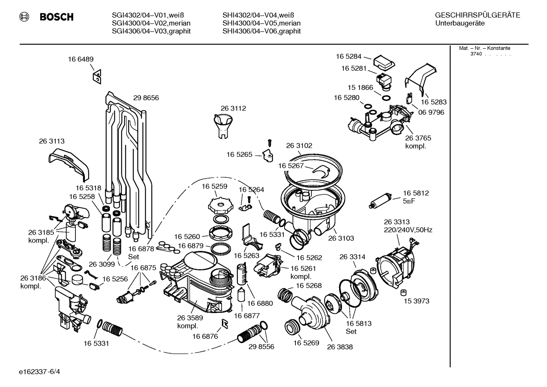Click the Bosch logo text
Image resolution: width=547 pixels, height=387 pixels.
(x=56, y=17)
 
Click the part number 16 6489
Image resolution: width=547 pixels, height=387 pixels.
(x=81, y=59)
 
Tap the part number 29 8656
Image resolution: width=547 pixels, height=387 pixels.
(x=146, y=98)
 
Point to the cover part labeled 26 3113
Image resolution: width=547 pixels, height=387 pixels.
(x=69, y=164)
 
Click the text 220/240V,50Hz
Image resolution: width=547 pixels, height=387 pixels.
(x=408, y=230)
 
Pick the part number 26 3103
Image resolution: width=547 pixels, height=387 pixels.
(x=341, y=238)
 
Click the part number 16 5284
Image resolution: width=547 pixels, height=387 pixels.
(x=348, y=57)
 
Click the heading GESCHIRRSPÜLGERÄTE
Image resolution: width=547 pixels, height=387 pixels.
(x=477, y=16)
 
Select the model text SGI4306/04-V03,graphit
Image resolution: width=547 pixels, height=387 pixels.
(x=151, y=31)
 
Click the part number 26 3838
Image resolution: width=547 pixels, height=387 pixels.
(x=340, y=347)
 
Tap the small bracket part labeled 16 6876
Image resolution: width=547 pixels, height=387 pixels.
(x=225, y=323)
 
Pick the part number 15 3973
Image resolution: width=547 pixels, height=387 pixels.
(x=417, y=301)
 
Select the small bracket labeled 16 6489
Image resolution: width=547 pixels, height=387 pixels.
(x=97, y=77)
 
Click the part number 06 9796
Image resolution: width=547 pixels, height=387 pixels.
(x=431, y=112)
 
